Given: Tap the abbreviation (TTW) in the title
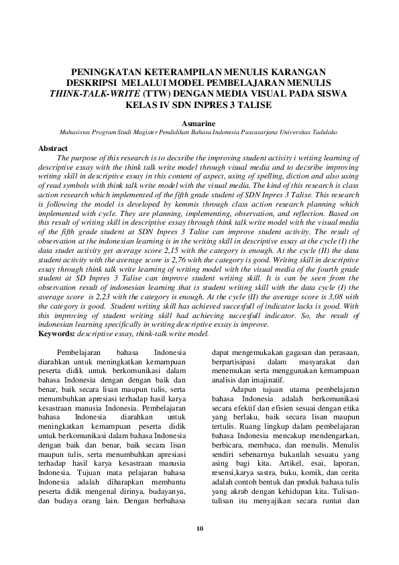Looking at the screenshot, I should click(155, 93).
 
